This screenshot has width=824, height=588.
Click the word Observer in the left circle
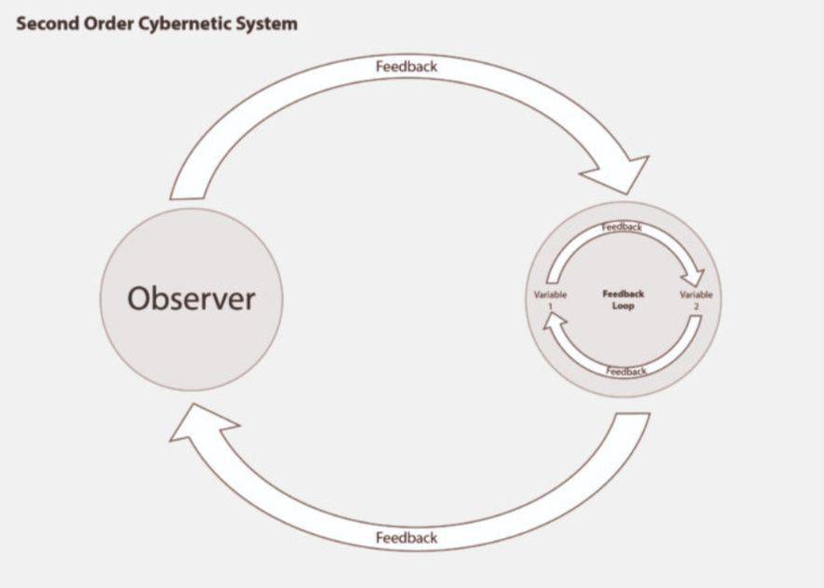191,298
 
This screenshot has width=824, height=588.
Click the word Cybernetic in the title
184,24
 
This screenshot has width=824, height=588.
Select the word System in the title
267,24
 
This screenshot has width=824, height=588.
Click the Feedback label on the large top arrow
406,66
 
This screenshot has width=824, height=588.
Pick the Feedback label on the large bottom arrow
406,538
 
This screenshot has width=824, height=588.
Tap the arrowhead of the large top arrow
620,174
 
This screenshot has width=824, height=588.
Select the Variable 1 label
550,300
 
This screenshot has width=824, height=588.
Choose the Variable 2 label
695,300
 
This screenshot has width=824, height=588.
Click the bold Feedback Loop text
623,299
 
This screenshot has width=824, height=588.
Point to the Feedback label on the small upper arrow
622,227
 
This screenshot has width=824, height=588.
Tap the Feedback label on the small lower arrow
625,372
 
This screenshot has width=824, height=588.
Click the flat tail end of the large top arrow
186,198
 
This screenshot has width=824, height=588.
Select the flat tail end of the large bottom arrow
633,414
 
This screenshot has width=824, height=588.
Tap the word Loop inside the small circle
623,306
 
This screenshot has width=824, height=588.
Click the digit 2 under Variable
696,306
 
